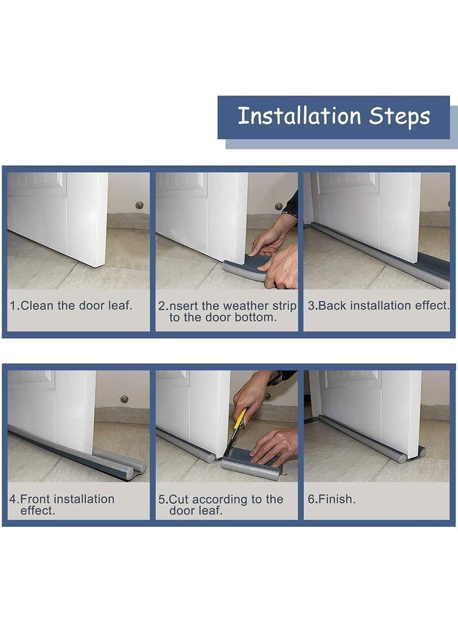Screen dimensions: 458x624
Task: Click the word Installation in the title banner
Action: tap(299, 116)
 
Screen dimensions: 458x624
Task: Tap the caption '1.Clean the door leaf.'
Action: tap(70, 305)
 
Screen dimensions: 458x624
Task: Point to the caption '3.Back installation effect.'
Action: tap(378, 305)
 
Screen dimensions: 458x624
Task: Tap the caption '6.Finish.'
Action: tap(331, 499)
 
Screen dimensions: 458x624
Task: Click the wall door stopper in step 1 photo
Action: tap(139, 205)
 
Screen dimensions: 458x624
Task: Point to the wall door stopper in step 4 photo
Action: tap(124, 399)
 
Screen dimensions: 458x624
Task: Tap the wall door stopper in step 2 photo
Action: tap(279, 206)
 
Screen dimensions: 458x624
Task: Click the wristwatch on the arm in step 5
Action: tap(275, 379)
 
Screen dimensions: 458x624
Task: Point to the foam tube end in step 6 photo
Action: tap(421, 452)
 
